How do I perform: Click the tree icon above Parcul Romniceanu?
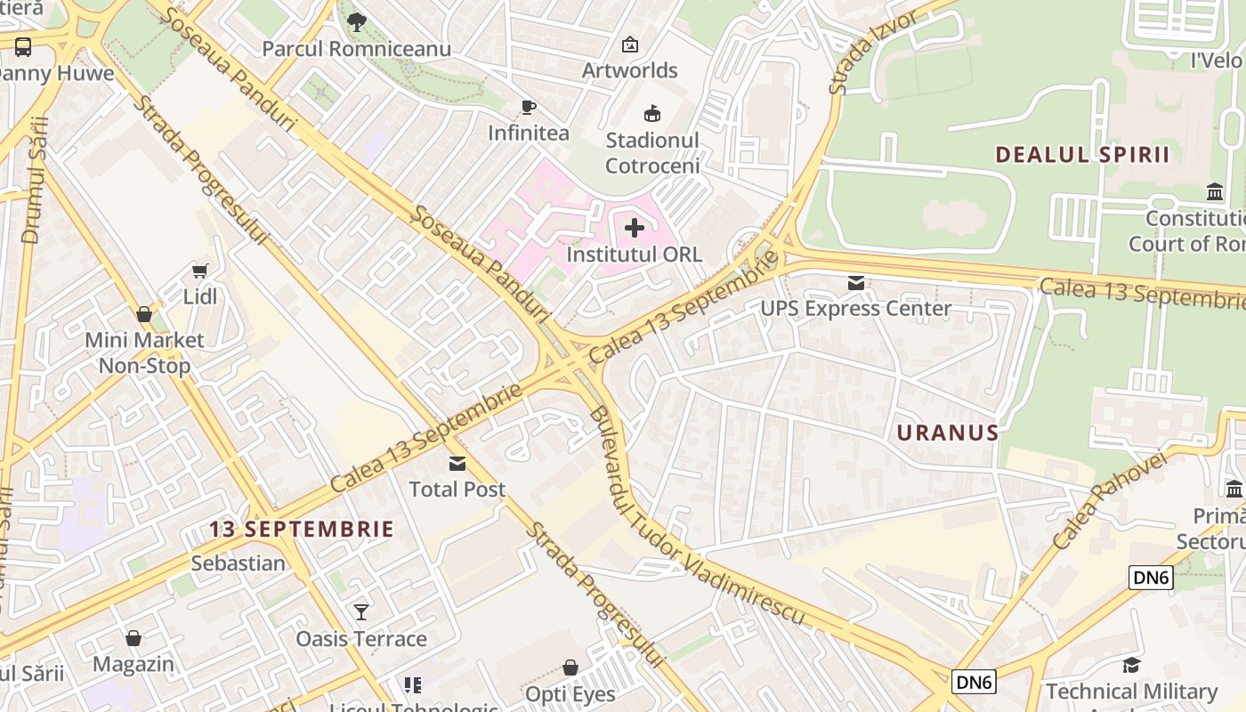pos(357,22)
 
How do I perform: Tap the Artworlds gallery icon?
pos(630,44)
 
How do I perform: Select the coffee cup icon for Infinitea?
pos(529,108)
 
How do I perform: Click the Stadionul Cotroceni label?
pos(652,153)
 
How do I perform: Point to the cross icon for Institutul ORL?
pos(635,229)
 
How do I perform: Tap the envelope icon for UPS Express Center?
pos(855,283)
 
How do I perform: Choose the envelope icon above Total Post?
pos(457,463)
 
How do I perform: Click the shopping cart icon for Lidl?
pos(200,271)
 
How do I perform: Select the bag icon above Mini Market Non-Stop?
pos(144,313)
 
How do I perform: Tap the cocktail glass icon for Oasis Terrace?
pos(361,612)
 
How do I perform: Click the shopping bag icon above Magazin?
pos(133,638)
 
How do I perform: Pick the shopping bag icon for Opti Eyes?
pos(570,667)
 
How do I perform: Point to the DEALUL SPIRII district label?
pos(1082,154)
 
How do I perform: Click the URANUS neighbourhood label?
pos(948,433)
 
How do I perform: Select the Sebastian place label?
pos(239,563)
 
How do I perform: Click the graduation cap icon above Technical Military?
pos(1131,666)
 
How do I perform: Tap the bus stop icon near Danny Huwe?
pos(23,47)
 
